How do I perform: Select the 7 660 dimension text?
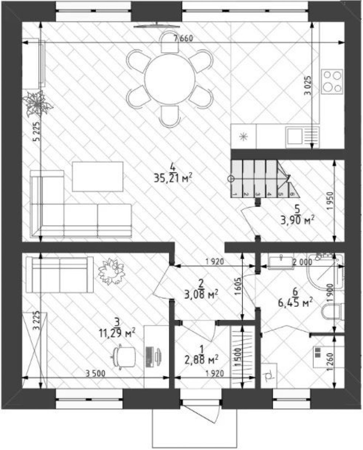pyautogui.click(x=183, y=38)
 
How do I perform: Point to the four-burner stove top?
pyautogui.click(x=332, y=81)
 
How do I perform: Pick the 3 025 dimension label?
pyautogui.click(x=308, y=85)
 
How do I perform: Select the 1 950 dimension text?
pyautogui.click(x=330, y=201)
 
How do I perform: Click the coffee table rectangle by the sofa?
pyautogui.click(x=97, y=177)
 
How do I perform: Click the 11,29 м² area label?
pyautogui.click(x=117, y=334)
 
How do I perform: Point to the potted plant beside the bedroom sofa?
pyautogui.click(x=112, y=271)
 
